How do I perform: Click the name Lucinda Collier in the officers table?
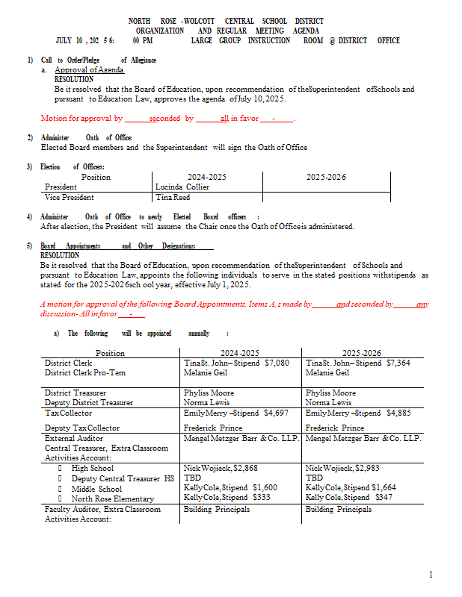pos(182,187)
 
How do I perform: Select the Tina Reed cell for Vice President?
pos(172,198)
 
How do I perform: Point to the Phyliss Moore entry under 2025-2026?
pos(330,393)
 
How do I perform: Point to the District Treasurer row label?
pos(75,393)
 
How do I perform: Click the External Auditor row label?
pos(74,439)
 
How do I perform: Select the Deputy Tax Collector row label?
pos(81,428)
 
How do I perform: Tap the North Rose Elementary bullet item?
pos(112,498)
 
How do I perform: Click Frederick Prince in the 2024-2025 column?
pos(212,428)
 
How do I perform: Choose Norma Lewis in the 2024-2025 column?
pos(206,402)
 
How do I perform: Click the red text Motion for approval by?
pos(81,118)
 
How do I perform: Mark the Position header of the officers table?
pos(96,178)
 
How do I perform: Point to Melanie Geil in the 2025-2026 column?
pos(327,372)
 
